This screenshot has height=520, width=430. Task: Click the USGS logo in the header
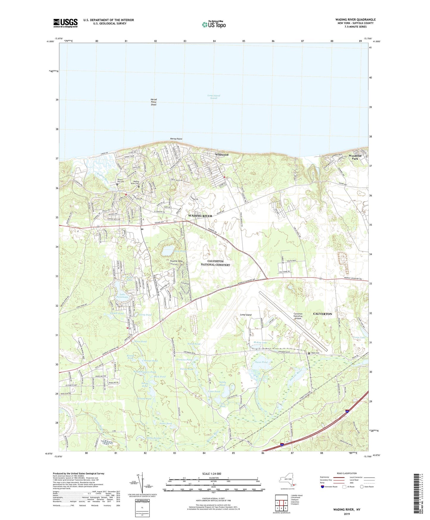(x=65, y=23)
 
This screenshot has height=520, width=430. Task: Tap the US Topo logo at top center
(x=214, y=24)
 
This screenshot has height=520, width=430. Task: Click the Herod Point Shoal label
(x=154, y=102)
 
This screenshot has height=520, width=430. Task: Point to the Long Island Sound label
(x=214, y=97)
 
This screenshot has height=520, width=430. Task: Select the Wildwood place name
(x=222, y=155)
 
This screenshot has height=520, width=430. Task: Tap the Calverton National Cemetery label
(x=215, y=263)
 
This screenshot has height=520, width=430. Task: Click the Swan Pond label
(x=261, y=362)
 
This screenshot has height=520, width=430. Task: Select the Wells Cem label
(x=315, y=353)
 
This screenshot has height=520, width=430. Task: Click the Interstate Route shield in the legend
(x=323, y=487)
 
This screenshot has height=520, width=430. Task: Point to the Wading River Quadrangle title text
(x=355, y=20)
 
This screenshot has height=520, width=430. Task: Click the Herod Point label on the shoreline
(x=176, y=139)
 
